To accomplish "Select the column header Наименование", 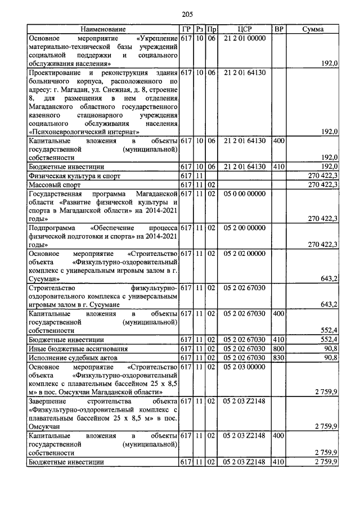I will pyautogui.click(x=103, y=29).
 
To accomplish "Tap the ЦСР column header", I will pyautogui.click(x=244, y=29).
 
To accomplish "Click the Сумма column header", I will pyautogui.click(x=312, y=29).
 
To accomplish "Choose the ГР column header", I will pyautogui.click(x=186, y=29).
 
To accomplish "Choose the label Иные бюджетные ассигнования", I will pyautogui.click(x=74, y=349).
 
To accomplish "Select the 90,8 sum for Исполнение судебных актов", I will pyautogui.click(x=328, y=357).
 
